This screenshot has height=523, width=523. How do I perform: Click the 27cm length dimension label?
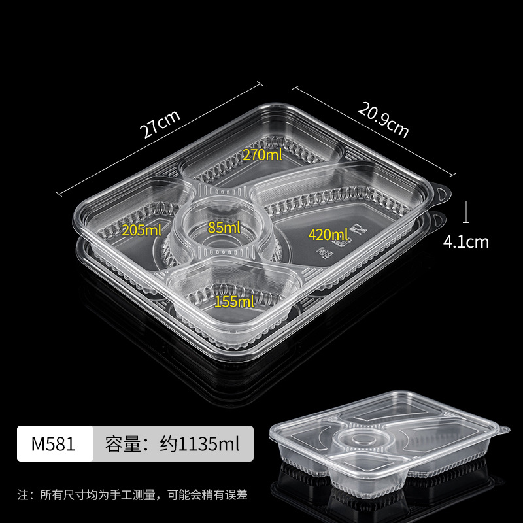[160, 124]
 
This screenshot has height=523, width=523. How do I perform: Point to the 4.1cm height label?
[465, 242]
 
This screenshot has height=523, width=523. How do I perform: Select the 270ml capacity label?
[261, 155]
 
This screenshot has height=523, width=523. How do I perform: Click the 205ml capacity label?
[141, 229]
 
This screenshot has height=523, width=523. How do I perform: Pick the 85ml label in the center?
[224, 228]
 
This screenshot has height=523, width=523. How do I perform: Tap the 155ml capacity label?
[234, 301]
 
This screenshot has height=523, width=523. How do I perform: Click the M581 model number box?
[54, 445]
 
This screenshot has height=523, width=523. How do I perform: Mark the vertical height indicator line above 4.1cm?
[465, 211]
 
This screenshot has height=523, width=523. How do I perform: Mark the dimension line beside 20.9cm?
[373, 131]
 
